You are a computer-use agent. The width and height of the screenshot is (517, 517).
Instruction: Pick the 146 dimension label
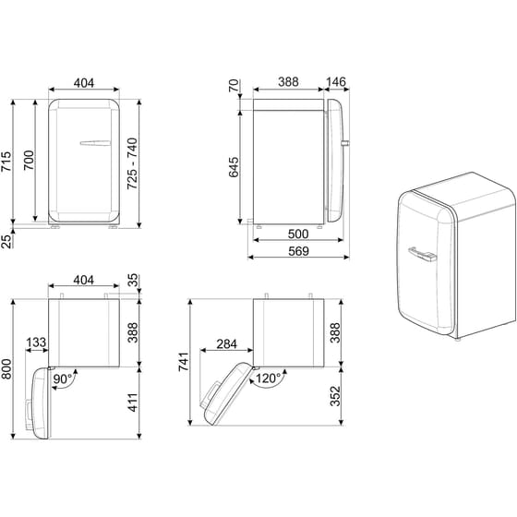click(x=335, y=82)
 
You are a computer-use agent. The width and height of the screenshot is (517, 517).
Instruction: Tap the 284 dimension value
click(x=225, y=344)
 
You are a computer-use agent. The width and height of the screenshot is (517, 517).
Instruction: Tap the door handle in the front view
click(x=97, y=143)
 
